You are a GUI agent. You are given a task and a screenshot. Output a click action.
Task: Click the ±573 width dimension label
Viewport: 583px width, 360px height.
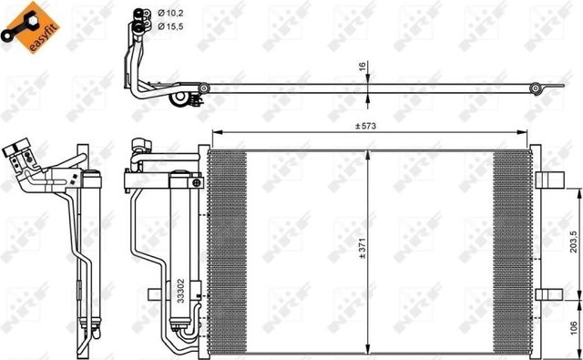pyautogui.click(x=366, y=126)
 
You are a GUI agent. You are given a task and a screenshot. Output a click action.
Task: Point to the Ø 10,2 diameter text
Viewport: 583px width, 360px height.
pyautogui.click(x=171, y=12)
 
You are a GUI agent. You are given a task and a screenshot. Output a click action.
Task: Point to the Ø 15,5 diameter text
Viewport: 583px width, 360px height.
pyautogui.click(x=171, y=27)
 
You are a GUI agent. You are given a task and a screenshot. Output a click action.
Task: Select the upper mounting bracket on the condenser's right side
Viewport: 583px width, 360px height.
pyautogui.click(x=545, y=179)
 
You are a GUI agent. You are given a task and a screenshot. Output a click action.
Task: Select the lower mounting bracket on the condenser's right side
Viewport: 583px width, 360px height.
pyautogui.click(x=545, y=293)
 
